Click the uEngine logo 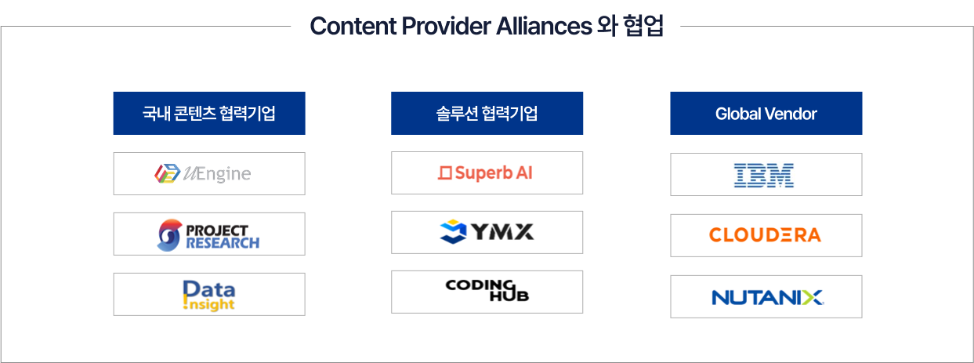click(x=204, y=173)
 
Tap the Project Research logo click(x=208, y=234)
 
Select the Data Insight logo click(x=208, y=295)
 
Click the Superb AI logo click(x=484, y=172)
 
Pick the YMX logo click(x=484, y=231)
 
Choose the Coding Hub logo click(x=484, y=289)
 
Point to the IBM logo click(x=764, y=175)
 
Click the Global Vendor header click(x=766, y=114)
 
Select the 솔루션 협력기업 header click(x=487, y=114)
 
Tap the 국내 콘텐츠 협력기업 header click(x=208, y=114)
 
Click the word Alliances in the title click(x=544, y=26)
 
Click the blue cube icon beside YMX click(x=451, y=231)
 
